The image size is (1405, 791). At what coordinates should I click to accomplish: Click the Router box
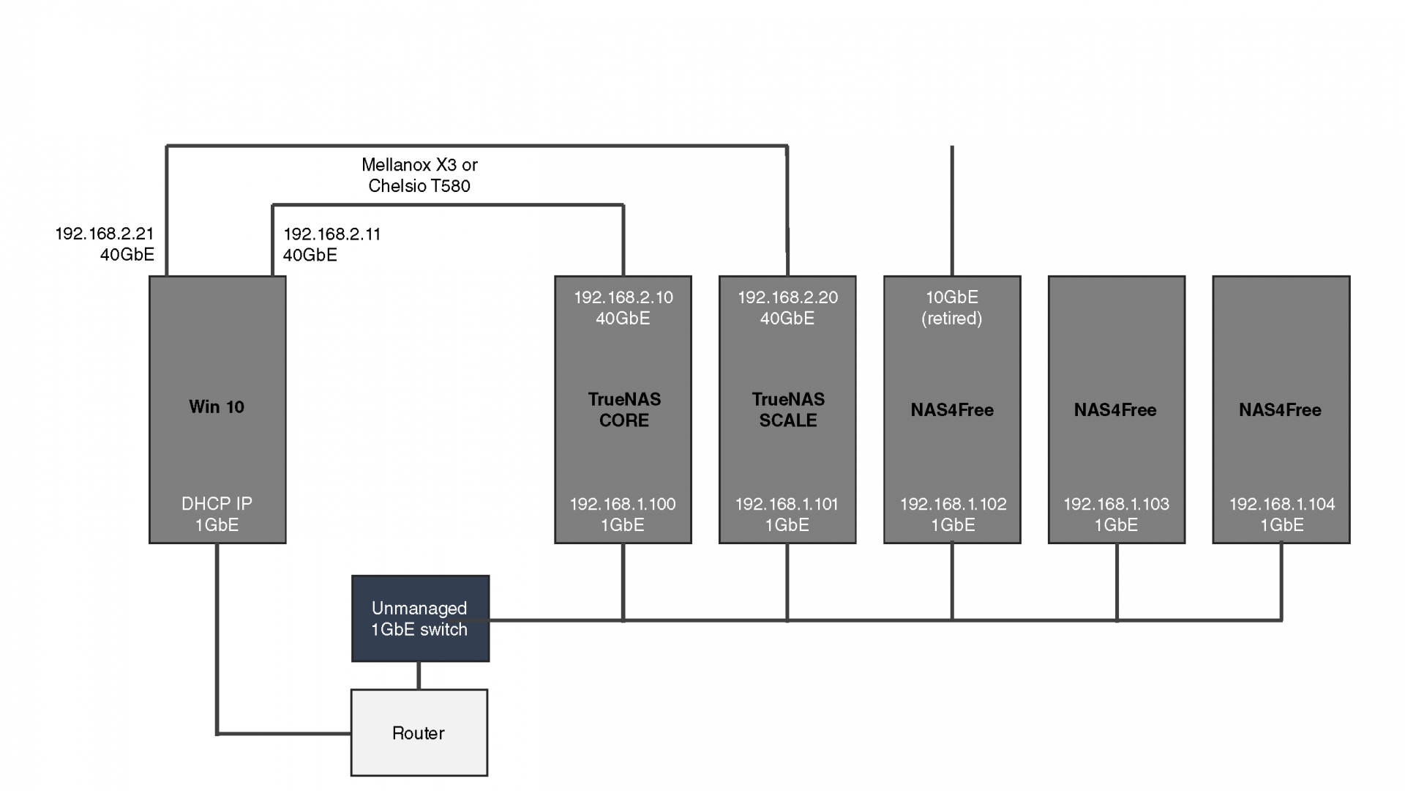point(419,732)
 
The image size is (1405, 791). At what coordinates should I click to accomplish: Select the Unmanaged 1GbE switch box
point(420,618)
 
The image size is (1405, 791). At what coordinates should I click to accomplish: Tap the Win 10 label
point(217,407)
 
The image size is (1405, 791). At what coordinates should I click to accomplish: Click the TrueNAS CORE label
point(624,409)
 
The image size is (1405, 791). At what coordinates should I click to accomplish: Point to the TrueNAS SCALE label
point(788,409)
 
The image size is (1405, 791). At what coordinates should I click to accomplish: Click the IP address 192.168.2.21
point(105,234)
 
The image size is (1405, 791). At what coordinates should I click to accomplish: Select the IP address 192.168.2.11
point(332,234)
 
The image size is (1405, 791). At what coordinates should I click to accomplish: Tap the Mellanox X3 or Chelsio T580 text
point(419,175)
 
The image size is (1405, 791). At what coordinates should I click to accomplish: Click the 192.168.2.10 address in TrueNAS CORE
point(623,297)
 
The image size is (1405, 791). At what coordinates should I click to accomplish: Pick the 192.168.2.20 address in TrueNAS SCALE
point(787,297)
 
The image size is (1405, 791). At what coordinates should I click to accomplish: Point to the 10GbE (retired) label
point(952,308)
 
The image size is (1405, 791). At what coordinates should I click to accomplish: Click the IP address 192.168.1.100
point(623,504)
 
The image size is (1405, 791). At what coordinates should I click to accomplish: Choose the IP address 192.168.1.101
point(787,504)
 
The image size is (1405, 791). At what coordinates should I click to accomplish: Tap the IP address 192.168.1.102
point(953,504)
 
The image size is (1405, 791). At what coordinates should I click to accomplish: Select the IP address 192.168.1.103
point(1116,504)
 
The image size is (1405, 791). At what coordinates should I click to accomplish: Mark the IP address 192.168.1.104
point(1282,504)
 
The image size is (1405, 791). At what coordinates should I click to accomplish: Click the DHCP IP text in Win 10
point(217,504)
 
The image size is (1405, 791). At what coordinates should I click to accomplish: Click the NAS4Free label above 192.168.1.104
point(1280,410)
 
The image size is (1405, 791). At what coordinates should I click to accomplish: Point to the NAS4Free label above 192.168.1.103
point(1115,410)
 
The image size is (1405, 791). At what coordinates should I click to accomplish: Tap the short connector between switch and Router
point(419,675)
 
